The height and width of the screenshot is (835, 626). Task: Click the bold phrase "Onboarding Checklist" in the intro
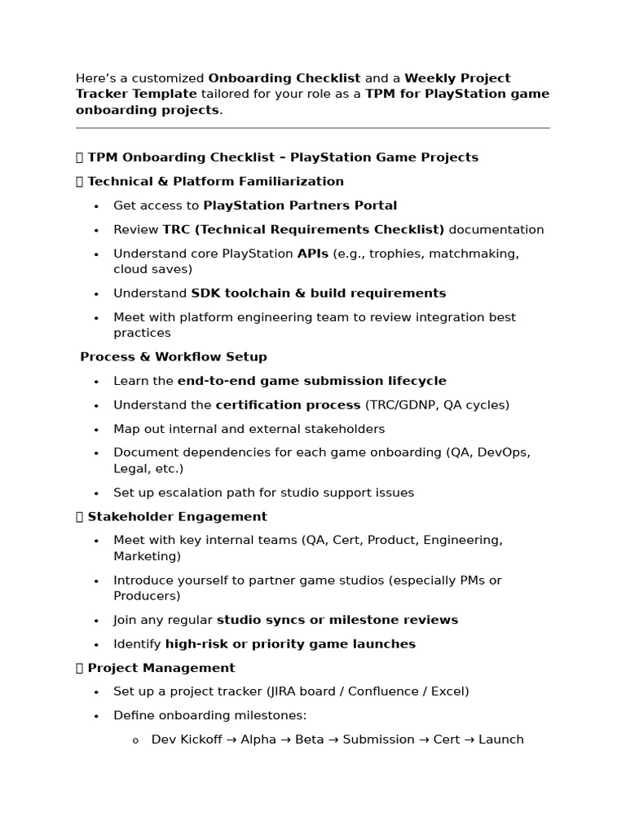(284, 78)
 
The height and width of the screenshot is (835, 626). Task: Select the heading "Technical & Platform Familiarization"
(215, 181)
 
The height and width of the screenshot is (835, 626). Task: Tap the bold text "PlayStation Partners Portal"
(300, 205)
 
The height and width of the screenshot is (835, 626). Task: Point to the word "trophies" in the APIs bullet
(394, 254)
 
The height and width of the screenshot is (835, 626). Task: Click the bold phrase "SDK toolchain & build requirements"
(318, 294)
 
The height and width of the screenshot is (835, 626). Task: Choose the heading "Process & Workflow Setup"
(174, 357)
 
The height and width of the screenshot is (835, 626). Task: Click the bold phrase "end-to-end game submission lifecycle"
(311, 381)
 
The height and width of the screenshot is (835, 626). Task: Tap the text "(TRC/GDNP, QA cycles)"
(437, 405)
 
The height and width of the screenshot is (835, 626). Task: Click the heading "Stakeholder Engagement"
(177, 516)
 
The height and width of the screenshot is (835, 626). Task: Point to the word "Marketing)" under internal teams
(147, 556)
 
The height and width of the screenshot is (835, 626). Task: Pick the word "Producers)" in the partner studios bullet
(147, 596)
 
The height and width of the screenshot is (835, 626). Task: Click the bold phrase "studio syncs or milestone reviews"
(337, 620)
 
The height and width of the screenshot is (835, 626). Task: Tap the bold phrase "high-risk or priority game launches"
(290, 644)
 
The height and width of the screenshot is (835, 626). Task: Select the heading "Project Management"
(161, 668)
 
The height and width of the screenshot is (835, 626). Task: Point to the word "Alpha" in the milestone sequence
(258, 740)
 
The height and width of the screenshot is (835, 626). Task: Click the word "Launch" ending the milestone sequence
(500, 740)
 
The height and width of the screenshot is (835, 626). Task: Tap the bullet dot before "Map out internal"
(96, 430)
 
